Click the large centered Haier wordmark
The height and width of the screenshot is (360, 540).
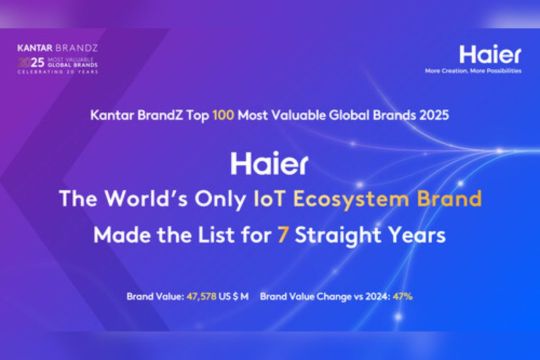[x=270, y=163]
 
